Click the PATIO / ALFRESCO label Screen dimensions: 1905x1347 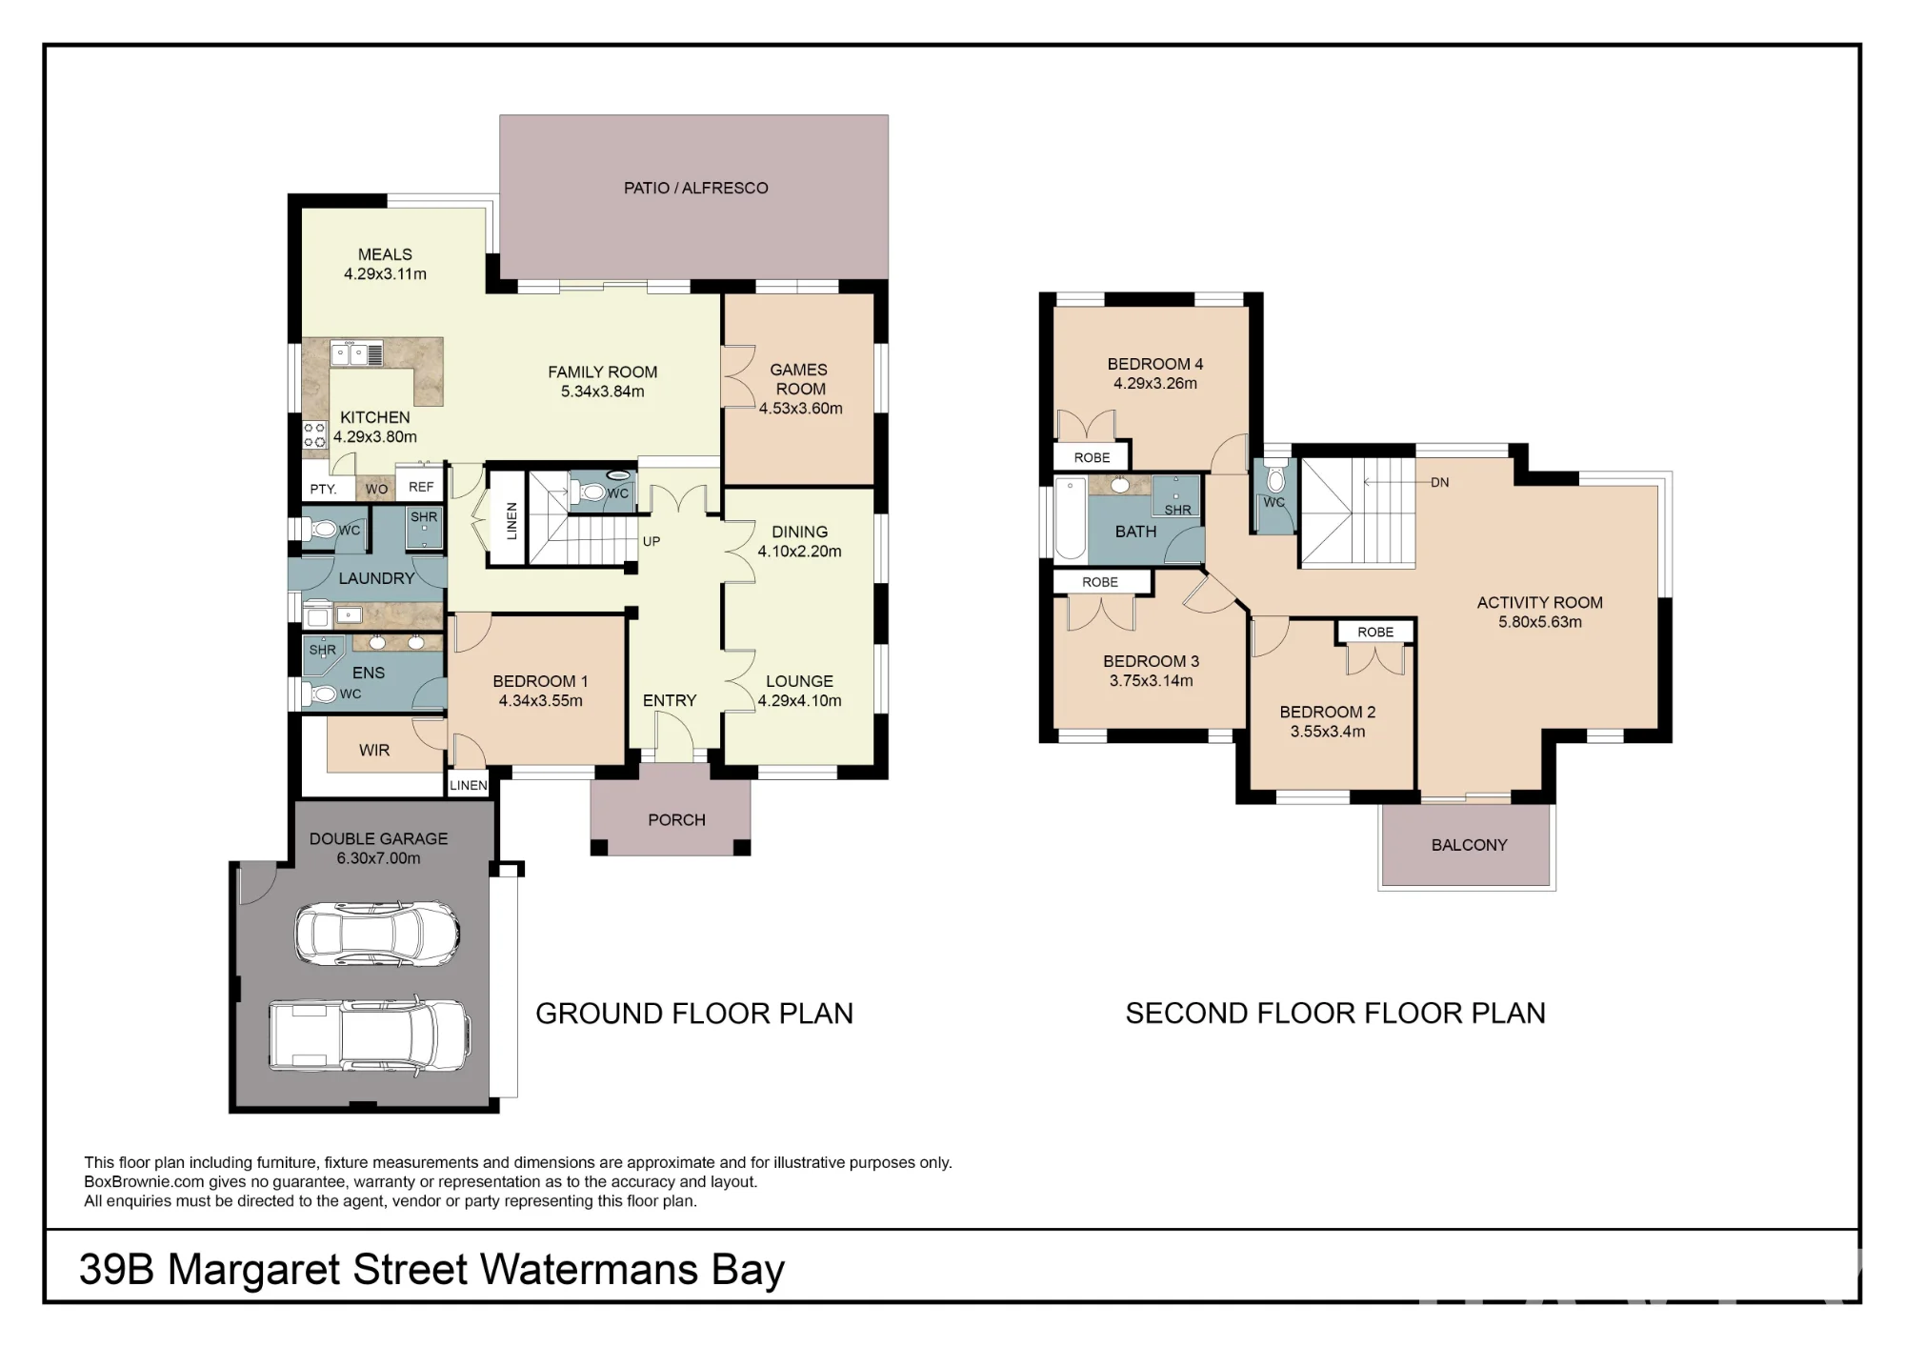[x=695, y=188]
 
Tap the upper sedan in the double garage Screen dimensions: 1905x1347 [x=378, y=933]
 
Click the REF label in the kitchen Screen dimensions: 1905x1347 [x=421, y=487]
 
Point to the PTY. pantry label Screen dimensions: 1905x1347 [x=323, y=489]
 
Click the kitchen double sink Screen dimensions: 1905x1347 [x=356, y=354]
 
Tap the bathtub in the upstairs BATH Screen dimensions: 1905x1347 [x=1071, y=518]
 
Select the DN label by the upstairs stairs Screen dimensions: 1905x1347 [x=1439, y=482]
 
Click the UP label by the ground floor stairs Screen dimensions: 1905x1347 [x=652, y=541]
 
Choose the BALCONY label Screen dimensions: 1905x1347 [x=1469, y=845]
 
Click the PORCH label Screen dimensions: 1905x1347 [x=676, y=819]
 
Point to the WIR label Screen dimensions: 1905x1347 [x=374, y=750]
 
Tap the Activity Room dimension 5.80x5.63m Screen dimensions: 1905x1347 [x=1540, y=622]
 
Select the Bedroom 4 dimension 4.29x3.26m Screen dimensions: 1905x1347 [x=1155, y=383]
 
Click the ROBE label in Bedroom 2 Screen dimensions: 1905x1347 [x=1375, y=632]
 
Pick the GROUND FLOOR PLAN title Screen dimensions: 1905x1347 [x=694, y=1014]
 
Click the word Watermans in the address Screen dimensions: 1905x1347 [x=589, y=1269]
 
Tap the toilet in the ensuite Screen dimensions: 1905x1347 [x=321, y=694]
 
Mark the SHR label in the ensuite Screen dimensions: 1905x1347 [x=322, y=650]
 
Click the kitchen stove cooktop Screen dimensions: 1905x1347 [x=314, y=435]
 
